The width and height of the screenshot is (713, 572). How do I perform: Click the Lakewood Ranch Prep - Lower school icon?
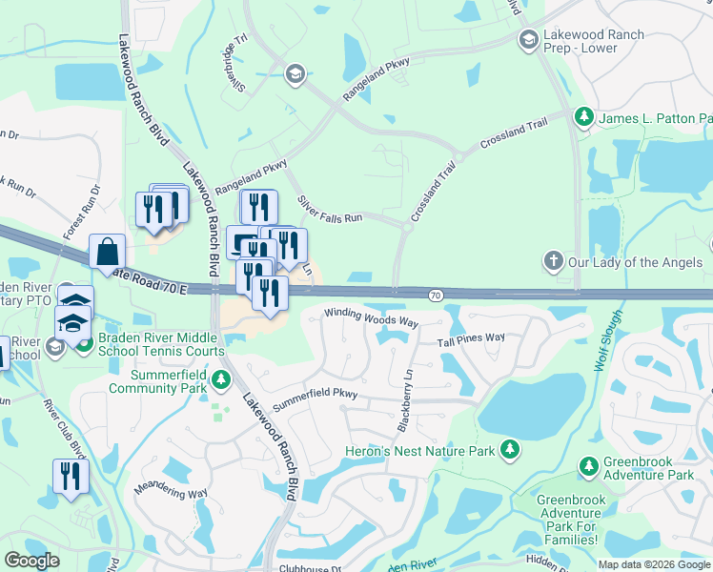528,40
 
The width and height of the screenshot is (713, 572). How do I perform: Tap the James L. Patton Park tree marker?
583,117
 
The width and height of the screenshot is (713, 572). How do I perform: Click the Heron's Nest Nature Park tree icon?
510,448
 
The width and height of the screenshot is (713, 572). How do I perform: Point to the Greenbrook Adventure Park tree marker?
587,466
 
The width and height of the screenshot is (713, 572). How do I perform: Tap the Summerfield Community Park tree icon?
220,380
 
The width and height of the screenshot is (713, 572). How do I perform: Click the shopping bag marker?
108,252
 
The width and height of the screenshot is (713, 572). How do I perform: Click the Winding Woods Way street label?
371,317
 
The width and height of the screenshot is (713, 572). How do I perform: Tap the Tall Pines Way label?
471,338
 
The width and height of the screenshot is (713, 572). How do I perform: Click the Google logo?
31,561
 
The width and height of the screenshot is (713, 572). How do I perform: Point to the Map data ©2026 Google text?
653,564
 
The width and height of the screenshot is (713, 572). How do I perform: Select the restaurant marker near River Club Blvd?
71,476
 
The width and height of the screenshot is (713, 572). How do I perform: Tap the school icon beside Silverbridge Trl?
295,73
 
